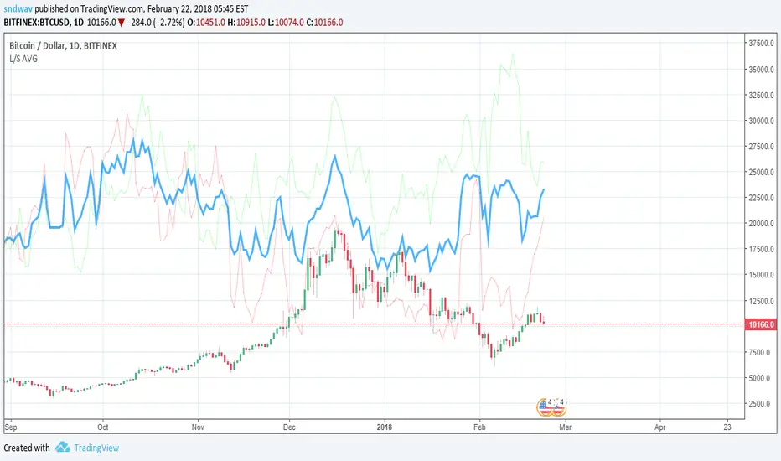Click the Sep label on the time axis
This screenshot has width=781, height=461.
[x=10, y=426]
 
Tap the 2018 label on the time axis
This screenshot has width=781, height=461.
[x=384, y=426]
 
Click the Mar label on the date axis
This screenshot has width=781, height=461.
[x=566, y=426]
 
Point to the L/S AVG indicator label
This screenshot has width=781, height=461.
[x=24, y=59]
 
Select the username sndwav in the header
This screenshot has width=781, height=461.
[x=18, y=8]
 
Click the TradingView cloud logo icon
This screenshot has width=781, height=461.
[x=62, y=448]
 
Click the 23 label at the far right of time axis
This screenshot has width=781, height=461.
[x=727, y=426]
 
